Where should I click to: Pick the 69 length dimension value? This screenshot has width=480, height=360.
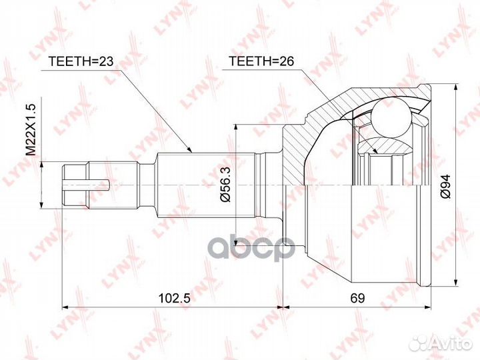pos(361,299)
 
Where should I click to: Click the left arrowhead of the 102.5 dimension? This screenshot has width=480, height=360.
pos(65,308)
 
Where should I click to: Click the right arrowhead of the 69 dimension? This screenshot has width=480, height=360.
pos(427,308)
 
